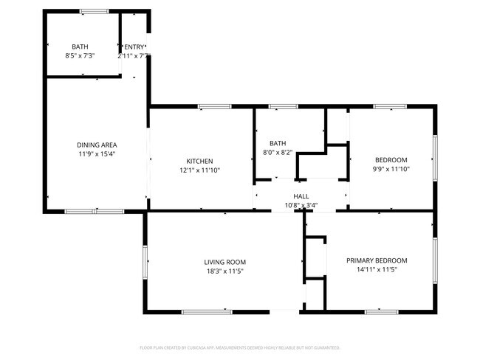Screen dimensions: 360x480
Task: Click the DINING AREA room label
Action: [97, 145]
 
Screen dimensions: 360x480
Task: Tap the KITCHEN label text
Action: [199, 161]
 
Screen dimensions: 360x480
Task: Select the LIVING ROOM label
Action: [225, 262]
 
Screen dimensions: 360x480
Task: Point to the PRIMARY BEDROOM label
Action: [377, 260]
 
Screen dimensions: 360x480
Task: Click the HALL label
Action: [301, 196]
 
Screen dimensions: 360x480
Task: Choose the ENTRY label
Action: [134, 47]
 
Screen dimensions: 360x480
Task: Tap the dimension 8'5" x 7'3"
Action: [80, 56]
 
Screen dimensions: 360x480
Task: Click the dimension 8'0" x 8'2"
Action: [278, 153]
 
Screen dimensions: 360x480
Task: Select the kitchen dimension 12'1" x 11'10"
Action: [199, 170]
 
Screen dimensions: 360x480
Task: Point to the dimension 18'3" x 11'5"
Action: [225, 271]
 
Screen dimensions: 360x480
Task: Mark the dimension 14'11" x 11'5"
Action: [377, 270]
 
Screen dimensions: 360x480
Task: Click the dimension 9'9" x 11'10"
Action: [391, 170]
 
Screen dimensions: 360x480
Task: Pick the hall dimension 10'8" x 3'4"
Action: [301, 206]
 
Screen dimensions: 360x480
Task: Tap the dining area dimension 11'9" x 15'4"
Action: [97, 154]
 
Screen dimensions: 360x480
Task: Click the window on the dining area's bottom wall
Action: [94, 212]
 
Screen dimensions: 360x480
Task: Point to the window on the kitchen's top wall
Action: [214, 107]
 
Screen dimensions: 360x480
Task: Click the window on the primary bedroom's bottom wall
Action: [382, 312]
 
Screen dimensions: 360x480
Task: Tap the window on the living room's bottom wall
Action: [207, 312]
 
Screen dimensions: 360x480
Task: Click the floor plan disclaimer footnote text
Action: [240, 347]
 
